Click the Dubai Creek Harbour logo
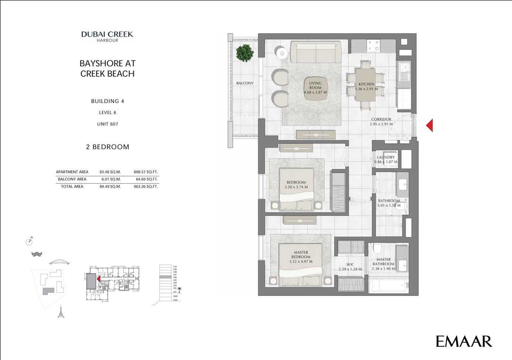coord(107,36)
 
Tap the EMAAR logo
coord(464,342)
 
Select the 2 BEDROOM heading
coord(108,147)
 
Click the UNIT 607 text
coord(108,124)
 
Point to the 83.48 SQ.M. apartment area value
coord(110,172)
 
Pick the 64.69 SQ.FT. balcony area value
coord(146,179)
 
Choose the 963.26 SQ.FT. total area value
coord(146,187)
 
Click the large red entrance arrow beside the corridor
coord(429,125)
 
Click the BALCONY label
coord(245,83)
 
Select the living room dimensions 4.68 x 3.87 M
coord(315,92)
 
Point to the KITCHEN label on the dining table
coord(366,84)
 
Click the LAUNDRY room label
coord(386,157)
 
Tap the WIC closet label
coord(350,264)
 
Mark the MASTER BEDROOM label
coord(301,255)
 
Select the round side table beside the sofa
coord(282,54)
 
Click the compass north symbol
coord(29,242)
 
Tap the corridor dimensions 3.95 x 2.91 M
coord(381,124)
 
